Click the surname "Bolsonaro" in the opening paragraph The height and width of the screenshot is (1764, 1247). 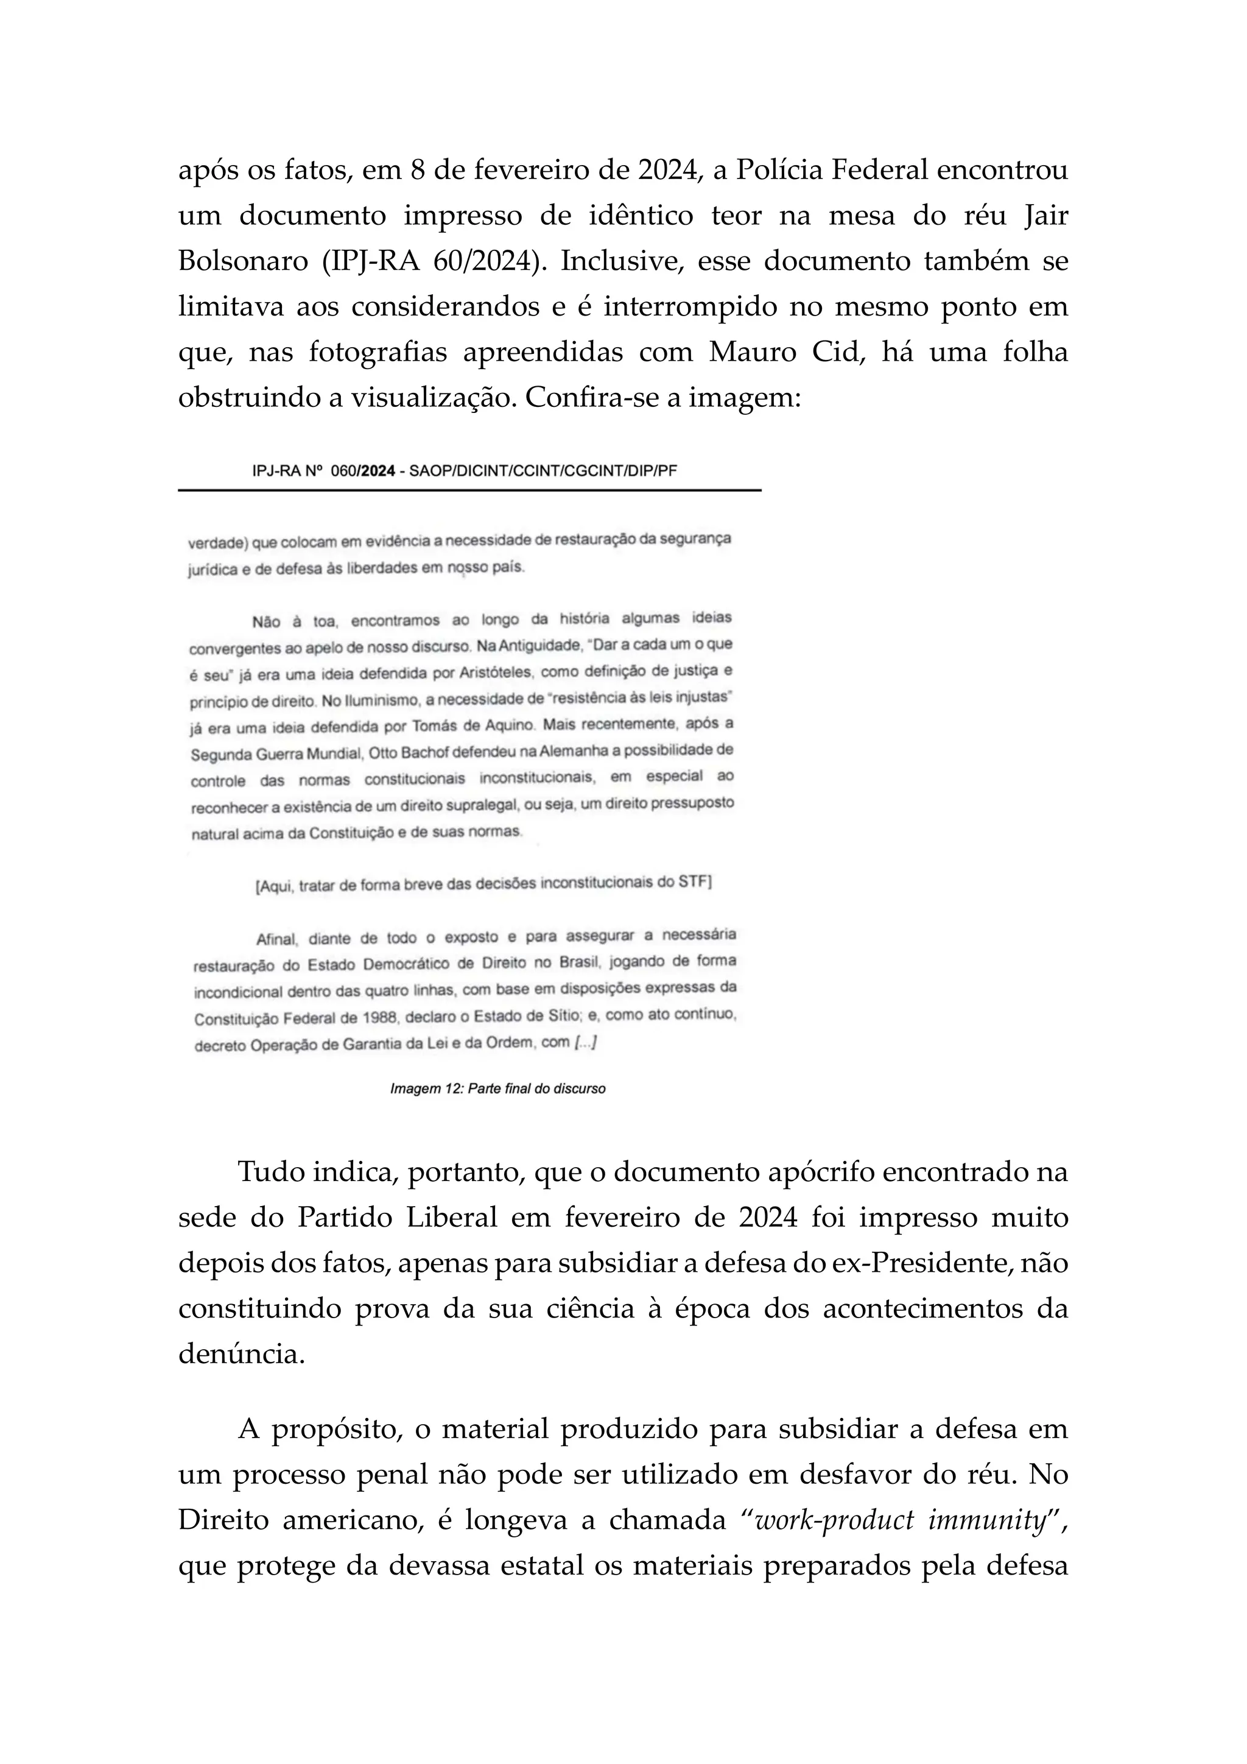243,261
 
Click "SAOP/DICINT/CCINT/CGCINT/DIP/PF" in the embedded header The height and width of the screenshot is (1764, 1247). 543,471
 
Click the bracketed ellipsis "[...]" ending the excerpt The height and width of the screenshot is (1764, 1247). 585,1043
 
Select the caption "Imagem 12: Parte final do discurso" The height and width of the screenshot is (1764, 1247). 497,1088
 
